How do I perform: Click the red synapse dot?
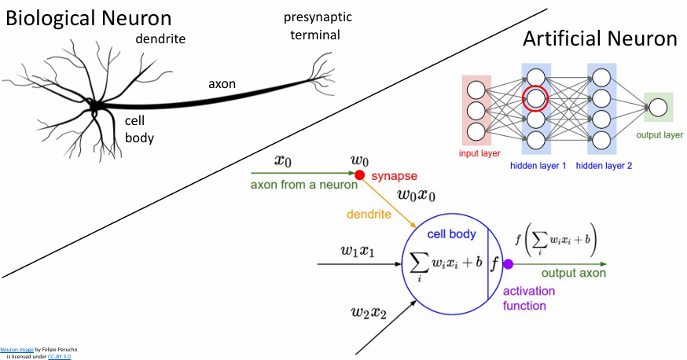click(359, 175)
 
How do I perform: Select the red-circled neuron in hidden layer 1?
click(535, 98)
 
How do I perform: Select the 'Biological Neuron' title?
click(101, 17)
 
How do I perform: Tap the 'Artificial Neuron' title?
click(600, 39)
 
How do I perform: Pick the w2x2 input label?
click(370, 314)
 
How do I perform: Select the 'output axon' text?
click(568, 273)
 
